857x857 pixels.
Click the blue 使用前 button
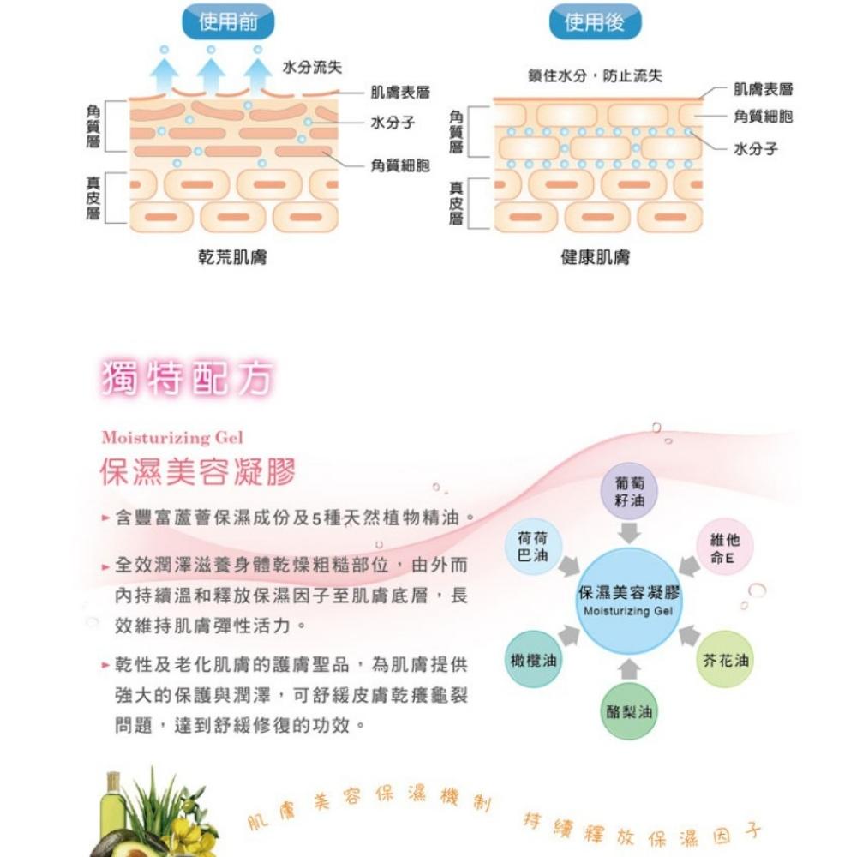tap(228, 22)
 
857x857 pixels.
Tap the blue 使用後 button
tap(595, 22)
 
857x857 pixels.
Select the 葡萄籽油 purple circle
tap(629, 491)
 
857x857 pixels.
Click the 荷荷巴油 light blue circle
tap(532, 547)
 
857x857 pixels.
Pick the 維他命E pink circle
tap(725, 547)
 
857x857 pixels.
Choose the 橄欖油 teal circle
tap(533, 660)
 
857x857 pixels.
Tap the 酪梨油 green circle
tap(629, 711)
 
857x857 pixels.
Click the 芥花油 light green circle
tap(725, 660)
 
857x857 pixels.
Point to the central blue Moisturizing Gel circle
tap(629, 602)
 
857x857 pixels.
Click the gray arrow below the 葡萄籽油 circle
tap(629, 533)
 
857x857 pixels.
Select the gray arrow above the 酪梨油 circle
tap(629, 669)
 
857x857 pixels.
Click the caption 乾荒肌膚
tap(232, 257)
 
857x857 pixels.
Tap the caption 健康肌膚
tap(596, 257)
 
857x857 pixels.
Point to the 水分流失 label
tap(312, 67)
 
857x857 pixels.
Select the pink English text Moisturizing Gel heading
tap(172, 437)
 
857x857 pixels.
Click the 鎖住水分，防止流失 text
tap(596, 75)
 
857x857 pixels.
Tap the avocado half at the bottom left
tap(123, 842)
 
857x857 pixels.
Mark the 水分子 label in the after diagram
tap(755, 148)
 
